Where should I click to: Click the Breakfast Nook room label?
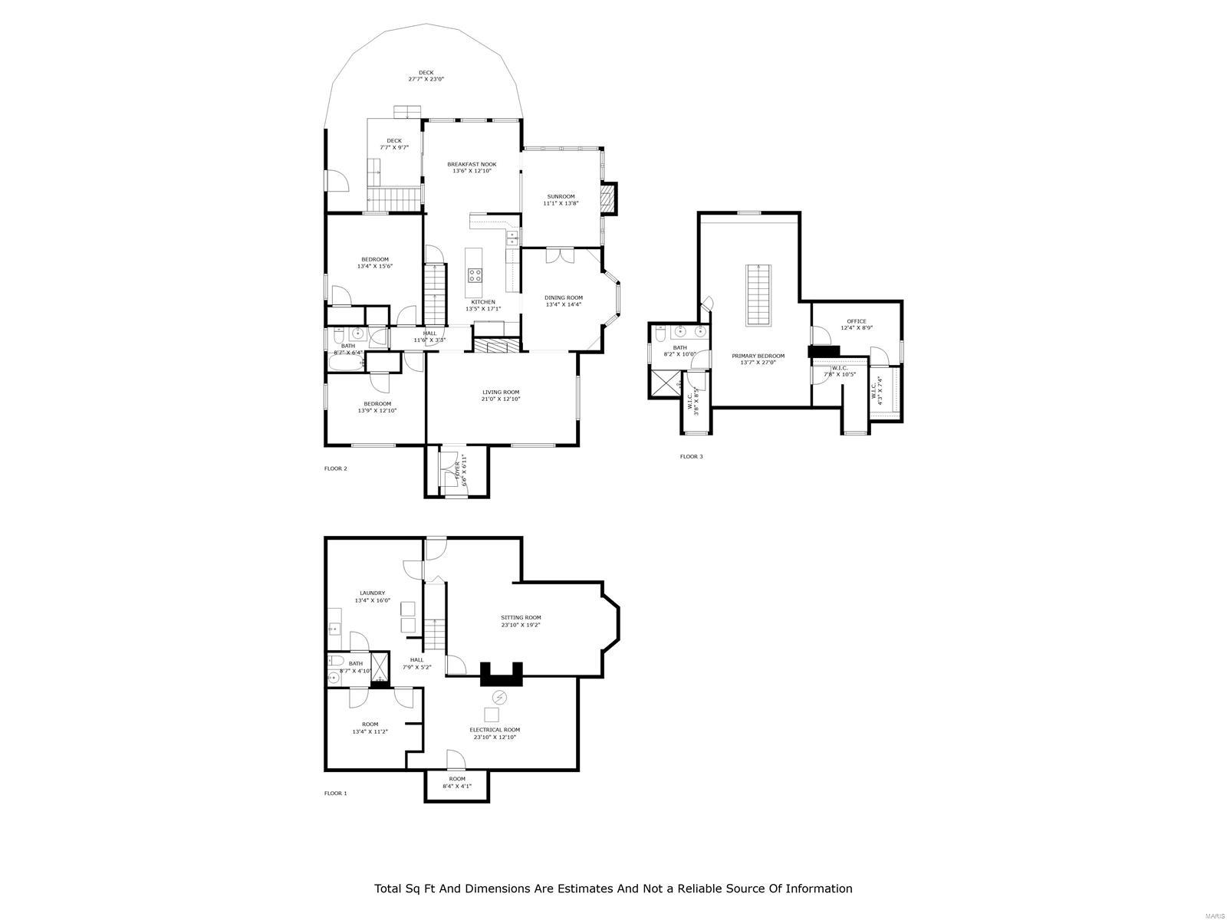pyautogui.click(x=472, y=164)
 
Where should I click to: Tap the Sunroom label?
pyautogui.click(x=560, y=196)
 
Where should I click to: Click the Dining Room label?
pyautogui.click(x=564, y=297)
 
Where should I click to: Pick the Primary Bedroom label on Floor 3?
pyautogui.click(x=758, y=356)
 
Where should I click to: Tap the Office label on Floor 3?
pyautogui.click(x=857, y=321)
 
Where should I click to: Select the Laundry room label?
pyautogui.click(x=372, y=593)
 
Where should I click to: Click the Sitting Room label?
pyautogui.click(x=521, y=617)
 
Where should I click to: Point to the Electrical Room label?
pyautogui.click(x=495, y=730)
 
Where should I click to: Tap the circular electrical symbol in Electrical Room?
pyautogui.click(x=499, y=697)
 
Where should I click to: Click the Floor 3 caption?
pyautogui.click(x=691, y=457)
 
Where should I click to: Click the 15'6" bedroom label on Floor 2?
pyautogui.click(x=375, y=259)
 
